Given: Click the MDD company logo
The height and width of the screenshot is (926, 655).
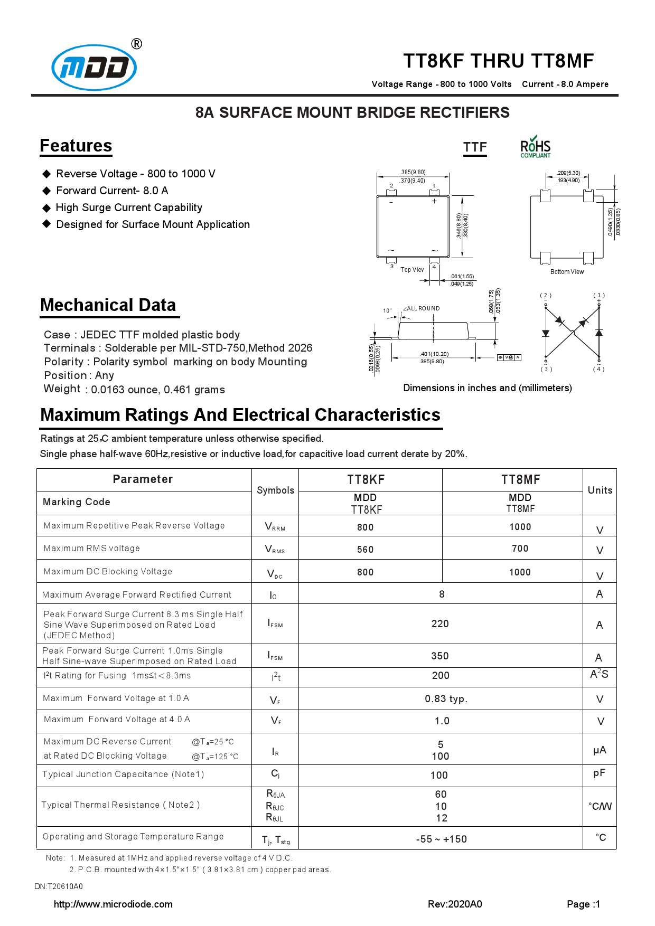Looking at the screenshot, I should pos(94,67).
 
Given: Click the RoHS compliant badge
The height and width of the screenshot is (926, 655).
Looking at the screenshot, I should pos(535,147).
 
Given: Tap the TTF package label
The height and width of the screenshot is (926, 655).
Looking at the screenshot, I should pos(475,147).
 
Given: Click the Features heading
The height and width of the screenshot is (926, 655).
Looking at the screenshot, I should pos(76,146).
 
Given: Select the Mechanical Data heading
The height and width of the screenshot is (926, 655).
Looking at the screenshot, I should pos(108,305).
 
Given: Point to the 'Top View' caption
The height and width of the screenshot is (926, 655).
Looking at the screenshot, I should pos(412,270).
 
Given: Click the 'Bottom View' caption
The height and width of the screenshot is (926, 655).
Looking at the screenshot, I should pos(567,272).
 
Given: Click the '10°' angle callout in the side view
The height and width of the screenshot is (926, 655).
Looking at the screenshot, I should pos(387,310).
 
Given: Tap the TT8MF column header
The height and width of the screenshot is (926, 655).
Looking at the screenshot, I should pos(520,480).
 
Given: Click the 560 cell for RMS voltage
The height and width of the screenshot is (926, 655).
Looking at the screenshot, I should pos(365,550).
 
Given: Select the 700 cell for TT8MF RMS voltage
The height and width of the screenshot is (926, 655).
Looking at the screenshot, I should pos(520,549).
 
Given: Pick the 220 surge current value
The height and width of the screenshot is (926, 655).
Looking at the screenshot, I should pos(440,624).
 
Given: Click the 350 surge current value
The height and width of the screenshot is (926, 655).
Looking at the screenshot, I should pos(440,656).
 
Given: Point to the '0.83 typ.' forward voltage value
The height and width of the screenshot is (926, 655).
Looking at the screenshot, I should pos(446,699).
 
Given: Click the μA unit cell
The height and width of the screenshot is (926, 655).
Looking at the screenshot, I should pos(600,750).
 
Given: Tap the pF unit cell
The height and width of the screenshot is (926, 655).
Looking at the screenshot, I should pos(599,773).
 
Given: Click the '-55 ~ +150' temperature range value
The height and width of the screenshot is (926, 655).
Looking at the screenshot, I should pos(441,839).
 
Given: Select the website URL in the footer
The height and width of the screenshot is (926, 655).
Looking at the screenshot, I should pos(113,904).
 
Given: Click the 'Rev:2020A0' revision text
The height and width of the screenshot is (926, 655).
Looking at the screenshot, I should pos(455,904).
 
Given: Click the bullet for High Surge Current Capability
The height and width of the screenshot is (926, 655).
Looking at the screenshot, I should pos(46,208).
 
